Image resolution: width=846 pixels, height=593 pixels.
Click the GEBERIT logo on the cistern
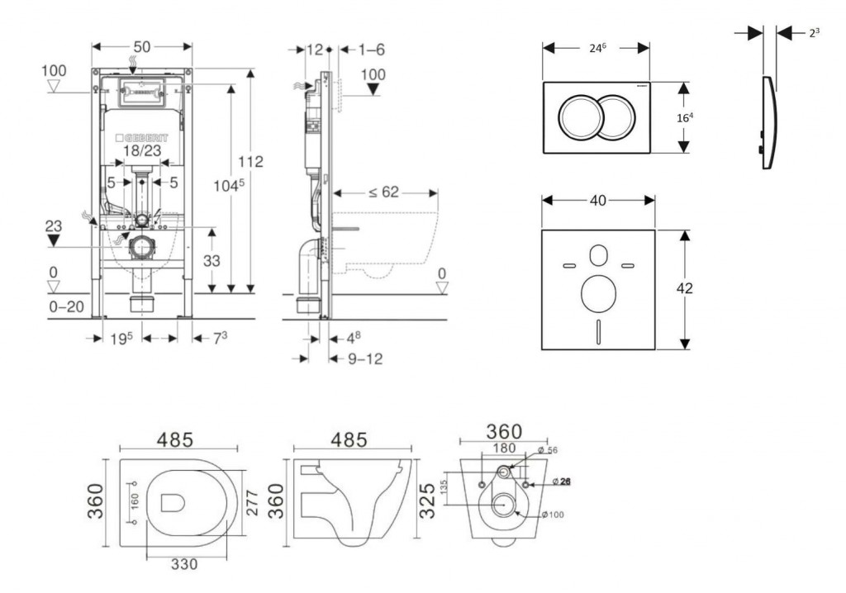tap(145, 135)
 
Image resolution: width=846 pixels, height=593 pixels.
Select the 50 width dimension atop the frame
tap(142, 47)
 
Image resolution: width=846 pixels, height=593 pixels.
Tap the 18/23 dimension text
tap(142, 152)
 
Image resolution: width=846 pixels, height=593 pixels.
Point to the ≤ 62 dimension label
tap(383, 192)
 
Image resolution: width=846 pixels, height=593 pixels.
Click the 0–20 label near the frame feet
tap(66, 306)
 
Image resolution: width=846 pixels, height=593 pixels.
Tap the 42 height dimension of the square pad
tap(683, 288)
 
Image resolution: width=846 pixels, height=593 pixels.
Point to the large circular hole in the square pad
tap(598, 293)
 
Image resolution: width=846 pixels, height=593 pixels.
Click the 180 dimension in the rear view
tap(503, 448)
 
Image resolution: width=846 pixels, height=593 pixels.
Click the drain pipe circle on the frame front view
tap(144, 245)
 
